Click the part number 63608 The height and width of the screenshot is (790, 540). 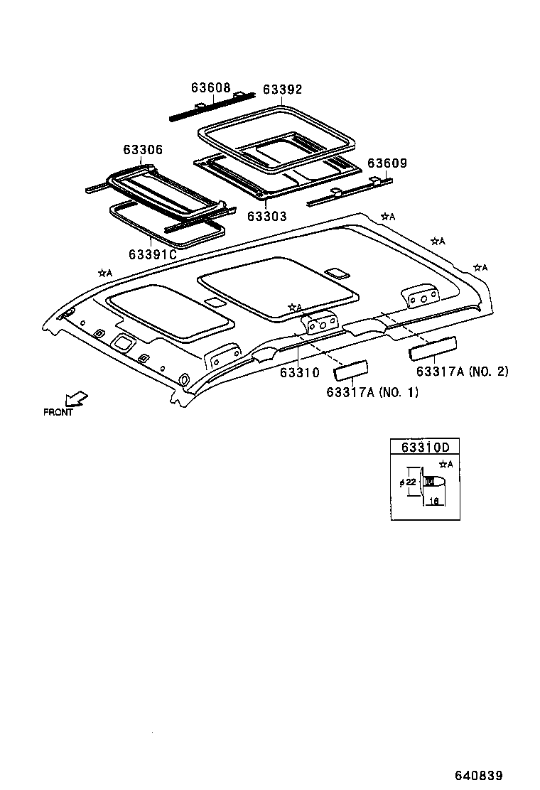tap(210, 88)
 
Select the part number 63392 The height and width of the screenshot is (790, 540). tap(282, 90)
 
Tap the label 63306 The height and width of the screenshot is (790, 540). tap(142, 150)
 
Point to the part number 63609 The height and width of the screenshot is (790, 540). tap(387, 163)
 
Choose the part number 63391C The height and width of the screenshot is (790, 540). tap(152, 254)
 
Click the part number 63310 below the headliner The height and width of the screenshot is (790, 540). tap(299, 372)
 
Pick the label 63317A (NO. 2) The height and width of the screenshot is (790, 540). tap(462, 372)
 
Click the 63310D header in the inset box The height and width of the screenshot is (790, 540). tap(425, 448)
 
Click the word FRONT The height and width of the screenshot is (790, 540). tap(58, 412)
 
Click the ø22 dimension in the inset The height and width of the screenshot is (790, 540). tap(407, 482)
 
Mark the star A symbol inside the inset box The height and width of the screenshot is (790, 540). tap(446, 465)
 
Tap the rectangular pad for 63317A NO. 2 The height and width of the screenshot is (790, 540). tap(431, 349)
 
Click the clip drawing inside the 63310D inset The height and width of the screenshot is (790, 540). tap(431, 482)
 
